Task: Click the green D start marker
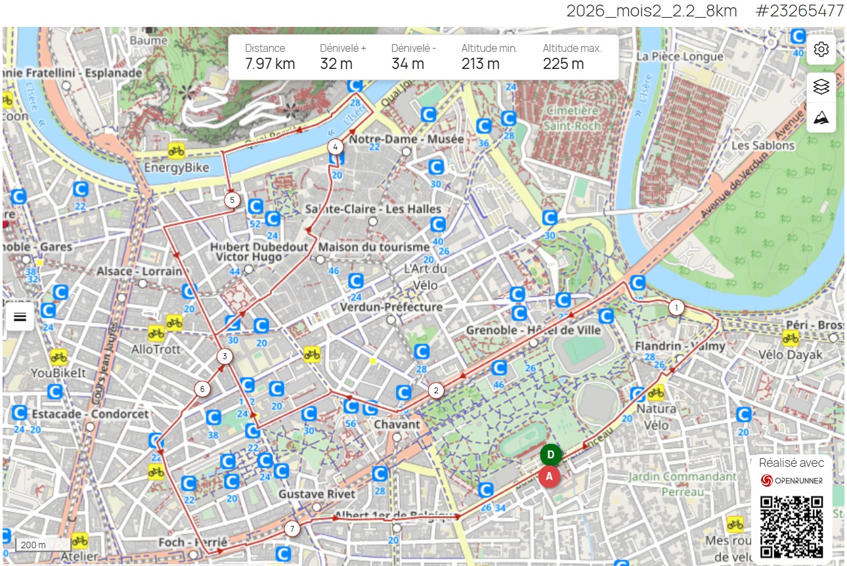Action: click(x=551, y=455)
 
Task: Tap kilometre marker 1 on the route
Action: click(x=676, y=307)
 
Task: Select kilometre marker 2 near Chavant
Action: click(x=435, y=390)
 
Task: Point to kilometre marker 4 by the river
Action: click(x=336, y=146)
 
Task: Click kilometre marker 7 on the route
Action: click(x=293, y=528)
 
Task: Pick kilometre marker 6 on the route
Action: click(x=202, y=389)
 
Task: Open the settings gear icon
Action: click(x=821, y=50)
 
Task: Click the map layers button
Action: click(x=821, y=87)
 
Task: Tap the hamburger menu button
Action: click(x=20, y=316)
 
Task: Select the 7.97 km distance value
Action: click(x=270, y=64)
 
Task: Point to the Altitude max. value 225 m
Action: click(x=563, y=64)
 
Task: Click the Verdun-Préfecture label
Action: click(x=391, y=307)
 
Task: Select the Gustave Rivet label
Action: click(x=316, y=494)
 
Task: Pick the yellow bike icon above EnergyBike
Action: click(x=175, y=150)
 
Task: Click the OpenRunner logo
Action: click(x=791, y=481)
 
